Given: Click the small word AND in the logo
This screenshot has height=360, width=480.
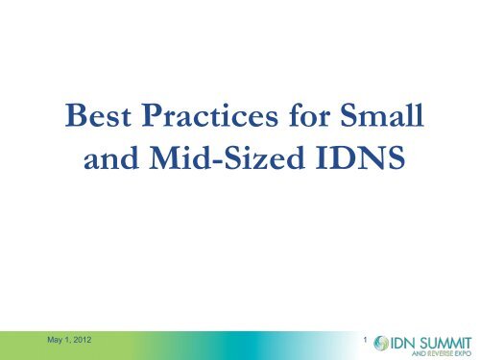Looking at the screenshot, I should (x=404, y=353).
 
